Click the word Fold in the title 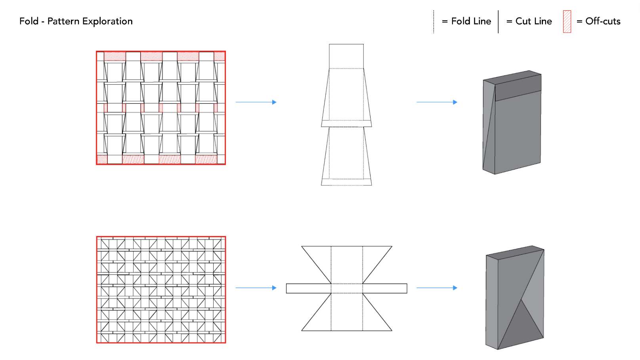pyautogui.click(x=29, y=21)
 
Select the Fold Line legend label pyautogui.click(x=471, y=21)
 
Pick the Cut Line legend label pyautogui.click(x=533, y=21)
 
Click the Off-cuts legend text pyautogui.click(x=603, y=21)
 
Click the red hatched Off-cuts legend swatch pyautogui.click(x=567, y=21)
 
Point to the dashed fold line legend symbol pyautogui.click(x=434, y=22)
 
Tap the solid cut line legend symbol pyautogui.click(x=498, y=22)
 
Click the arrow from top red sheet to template pyautogui.click(x=256, y=102)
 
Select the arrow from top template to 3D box pyautogui.click(x=436, y=102)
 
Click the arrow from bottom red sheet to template pyautogui.click(x=256, y=288)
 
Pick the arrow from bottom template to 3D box pyautogui.click(x=436, y=288)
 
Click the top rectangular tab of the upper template pyautogui.click(x=346, y=56)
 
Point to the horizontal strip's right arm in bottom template pyautogui.click(x=384, y=288)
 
